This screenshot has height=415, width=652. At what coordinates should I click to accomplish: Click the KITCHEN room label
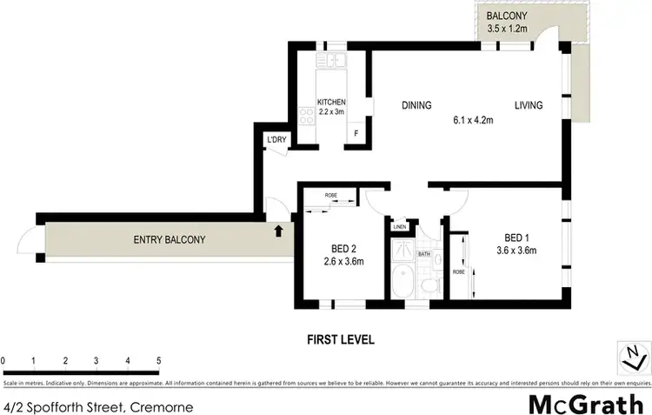[330, 102]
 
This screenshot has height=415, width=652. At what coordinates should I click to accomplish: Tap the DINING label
[416, 106]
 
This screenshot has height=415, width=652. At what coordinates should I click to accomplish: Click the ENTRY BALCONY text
[169, 240]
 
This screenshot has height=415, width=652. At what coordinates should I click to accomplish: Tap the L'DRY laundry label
[276, 140]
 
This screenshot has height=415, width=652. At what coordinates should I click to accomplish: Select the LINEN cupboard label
[400, 227]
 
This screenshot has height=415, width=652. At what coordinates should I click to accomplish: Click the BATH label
[424, 254]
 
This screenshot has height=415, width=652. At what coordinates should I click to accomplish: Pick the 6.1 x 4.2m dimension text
[472, 120]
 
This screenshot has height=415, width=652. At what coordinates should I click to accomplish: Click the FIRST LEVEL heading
[341, 339]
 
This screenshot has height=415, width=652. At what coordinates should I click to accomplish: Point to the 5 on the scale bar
[158, 359]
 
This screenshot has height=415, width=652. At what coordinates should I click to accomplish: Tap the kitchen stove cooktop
[305, 114]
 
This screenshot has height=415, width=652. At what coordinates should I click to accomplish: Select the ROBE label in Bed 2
[331, 197]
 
